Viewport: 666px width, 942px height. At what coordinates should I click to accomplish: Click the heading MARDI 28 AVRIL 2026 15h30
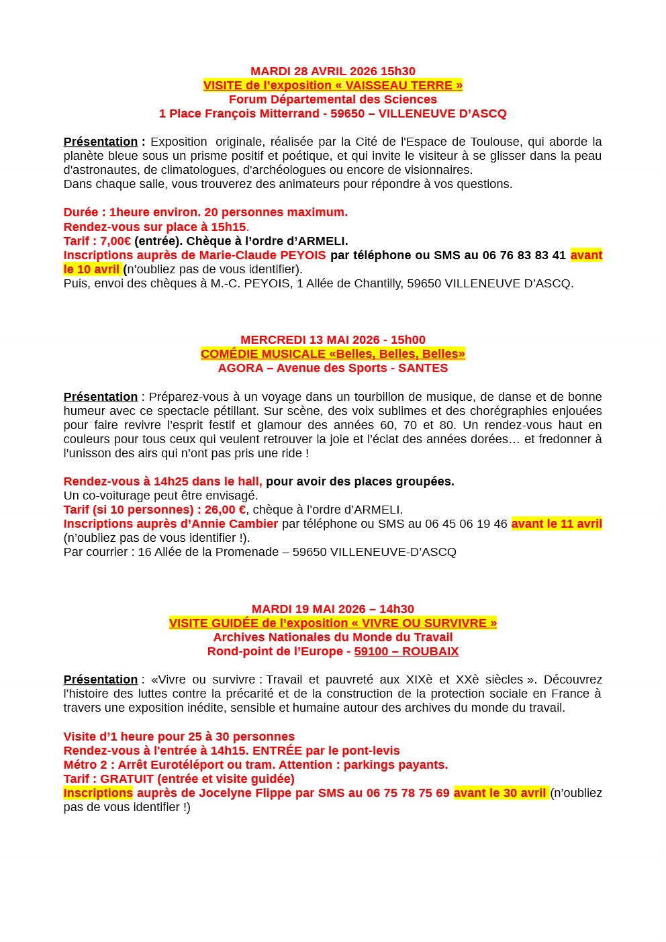(x=332, y=71)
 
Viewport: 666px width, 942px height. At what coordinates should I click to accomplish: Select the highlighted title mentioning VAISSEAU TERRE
(x=332, y=85)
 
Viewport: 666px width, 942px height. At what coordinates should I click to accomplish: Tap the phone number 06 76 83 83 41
(x=524, y=255)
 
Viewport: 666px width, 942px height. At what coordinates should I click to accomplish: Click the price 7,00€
(x=115, y=241)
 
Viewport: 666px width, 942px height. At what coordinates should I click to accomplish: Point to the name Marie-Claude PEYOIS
(x=262, y=255)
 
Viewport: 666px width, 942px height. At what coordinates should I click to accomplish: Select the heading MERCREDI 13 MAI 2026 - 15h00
(x=332, y=340)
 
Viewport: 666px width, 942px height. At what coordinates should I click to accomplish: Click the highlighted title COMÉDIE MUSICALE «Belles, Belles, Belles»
(x=332, y=354)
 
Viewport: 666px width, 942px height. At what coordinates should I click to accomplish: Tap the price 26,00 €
(x=224, y=510)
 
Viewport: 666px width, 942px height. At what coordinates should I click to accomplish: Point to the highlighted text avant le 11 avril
(x=557, y=524)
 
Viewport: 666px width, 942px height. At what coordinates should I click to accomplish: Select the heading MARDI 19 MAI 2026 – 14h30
(x=332, y=609)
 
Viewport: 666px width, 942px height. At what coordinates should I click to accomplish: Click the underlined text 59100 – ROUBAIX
(x=406, y=651)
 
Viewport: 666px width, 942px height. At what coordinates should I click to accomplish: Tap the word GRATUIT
(x=127, y=779)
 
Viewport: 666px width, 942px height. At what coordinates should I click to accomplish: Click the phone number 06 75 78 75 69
(x=408, y=793)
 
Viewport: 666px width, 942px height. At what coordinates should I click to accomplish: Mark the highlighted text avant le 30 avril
(x=500, y=793)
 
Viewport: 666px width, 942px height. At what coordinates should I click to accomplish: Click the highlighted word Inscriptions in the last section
(x=98, y=793)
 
